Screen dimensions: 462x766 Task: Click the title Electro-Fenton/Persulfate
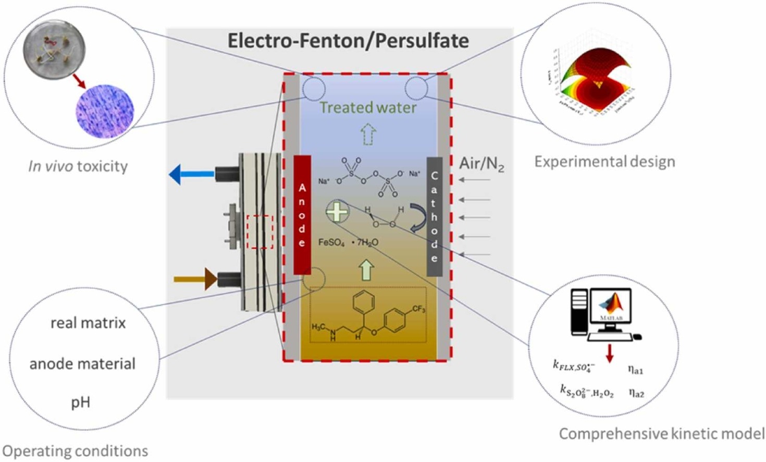click(348, 41)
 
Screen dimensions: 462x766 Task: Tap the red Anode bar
click(302, 214)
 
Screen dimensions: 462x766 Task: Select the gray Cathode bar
click(434, 216)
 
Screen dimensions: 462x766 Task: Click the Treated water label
click(368, 108)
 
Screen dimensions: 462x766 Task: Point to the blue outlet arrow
click(191, 174)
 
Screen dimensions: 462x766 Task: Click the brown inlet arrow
click(195, 279)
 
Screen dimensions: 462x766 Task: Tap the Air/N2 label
click(481, 164)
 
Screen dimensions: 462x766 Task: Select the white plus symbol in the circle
click(337, 212)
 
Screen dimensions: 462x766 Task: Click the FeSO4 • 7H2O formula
click(348, 242)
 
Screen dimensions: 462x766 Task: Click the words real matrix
click(88, 323)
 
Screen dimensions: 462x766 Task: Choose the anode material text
click(82, 363)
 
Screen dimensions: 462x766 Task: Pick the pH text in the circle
click(81, 402)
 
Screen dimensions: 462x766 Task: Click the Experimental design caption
click(604, 162)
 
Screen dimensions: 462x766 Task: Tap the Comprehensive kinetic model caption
click(661, 433)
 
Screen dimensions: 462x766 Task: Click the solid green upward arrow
click(367, 270)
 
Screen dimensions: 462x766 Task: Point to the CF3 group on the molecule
click(418, 309)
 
